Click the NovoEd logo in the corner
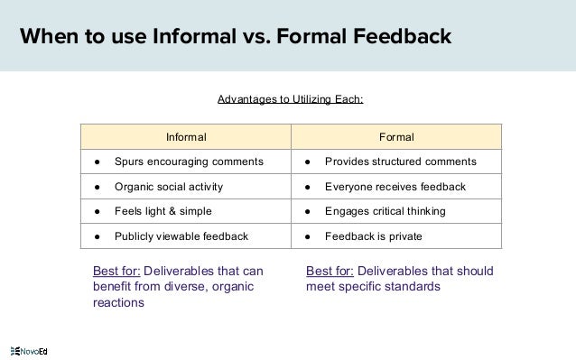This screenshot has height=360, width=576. [x=28, y=349]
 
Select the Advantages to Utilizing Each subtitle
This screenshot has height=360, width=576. [x=290, y=98]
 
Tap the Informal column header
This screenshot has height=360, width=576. [x=186, y=138]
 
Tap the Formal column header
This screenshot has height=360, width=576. [x=396, y=138]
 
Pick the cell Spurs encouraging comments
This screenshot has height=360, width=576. [x=189, y=162]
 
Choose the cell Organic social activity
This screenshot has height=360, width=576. [x=169, y=187]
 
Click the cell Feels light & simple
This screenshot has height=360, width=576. [x=163, y=211]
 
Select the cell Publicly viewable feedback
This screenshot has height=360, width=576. [x=181, y=235]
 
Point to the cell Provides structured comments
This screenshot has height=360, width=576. [x=401, y=162]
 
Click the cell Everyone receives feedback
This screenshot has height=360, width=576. [x=395, y=187]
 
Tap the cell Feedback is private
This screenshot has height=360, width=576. [x=373, y=235]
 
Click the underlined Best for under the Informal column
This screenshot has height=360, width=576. [x=116, y=271]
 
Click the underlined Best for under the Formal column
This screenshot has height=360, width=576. [x=330, y=271]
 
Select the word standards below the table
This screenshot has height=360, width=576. [x=411, y=287]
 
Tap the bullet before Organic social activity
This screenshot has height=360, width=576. [x=95, y=187]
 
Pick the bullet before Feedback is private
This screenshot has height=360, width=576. [x=307, y=235]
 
